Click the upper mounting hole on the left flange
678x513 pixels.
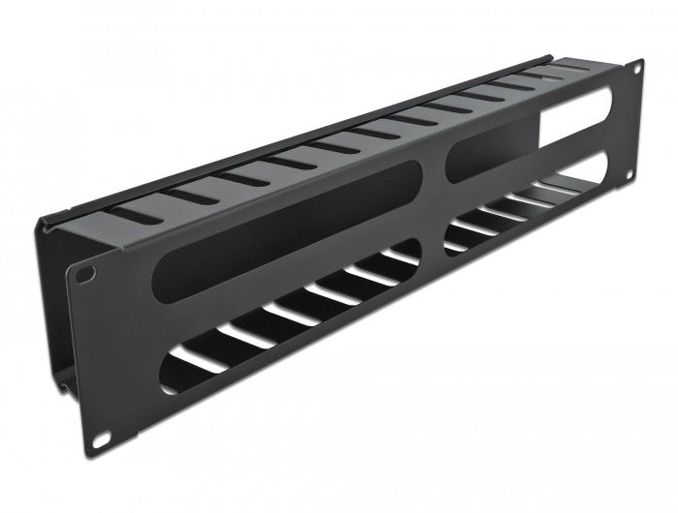pos(87,274)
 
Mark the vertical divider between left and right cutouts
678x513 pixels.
pos(437,213)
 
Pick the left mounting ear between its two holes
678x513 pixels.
pos(93,358)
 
